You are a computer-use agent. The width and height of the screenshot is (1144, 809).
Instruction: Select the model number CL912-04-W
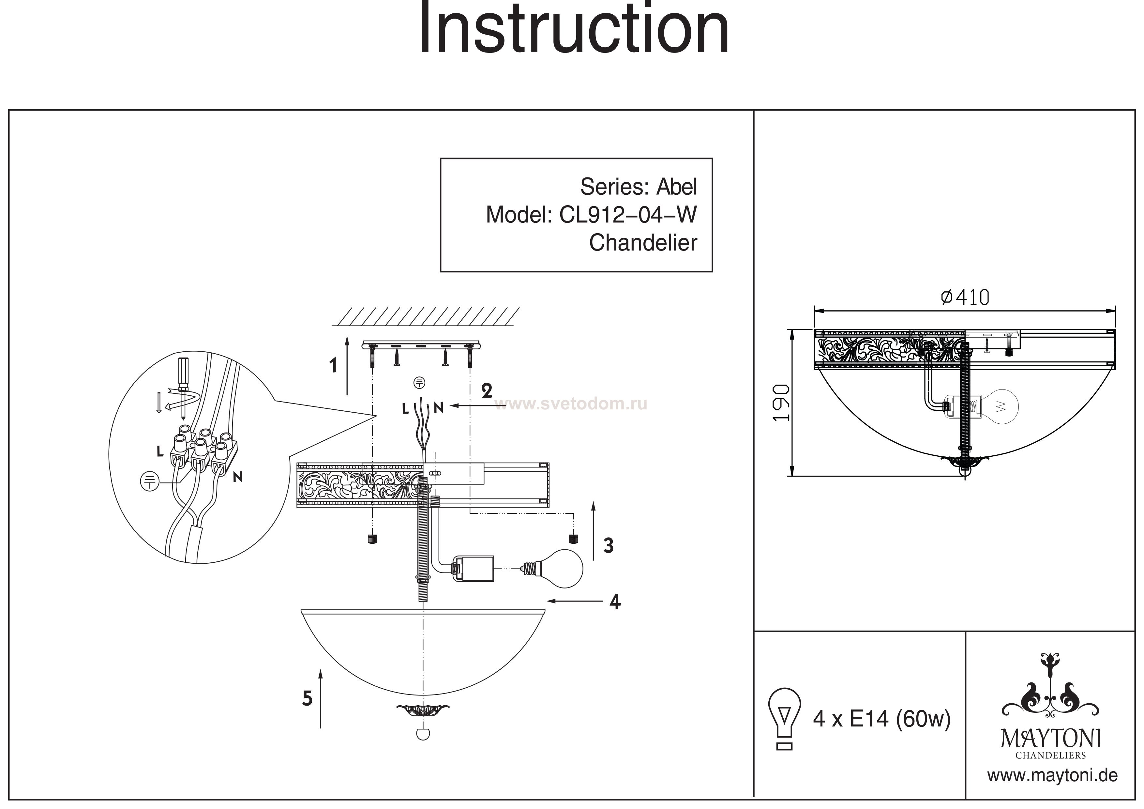coord(628,215)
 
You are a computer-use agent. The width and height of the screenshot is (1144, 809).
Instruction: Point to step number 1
coord(333,366)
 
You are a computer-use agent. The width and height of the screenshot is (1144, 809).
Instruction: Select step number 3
coord(608,545)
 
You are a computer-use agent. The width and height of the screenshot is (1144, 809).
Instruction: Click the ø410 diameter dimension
coord(965,298)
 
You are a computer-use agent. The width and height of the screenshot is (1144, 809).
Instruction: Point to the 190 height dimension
coord(782,403)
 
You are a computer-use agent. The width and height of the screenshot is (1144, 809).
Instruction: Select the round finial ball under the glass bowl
coord(423,734)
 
